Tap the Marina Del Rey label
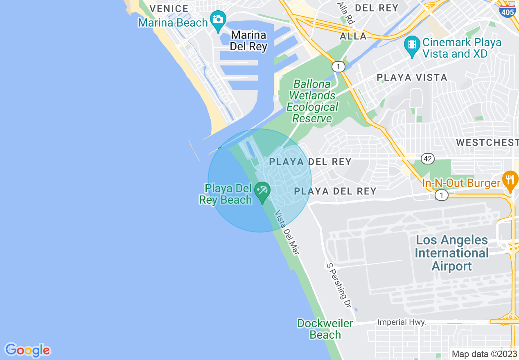(x=248, y=40)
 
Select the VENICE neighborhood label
(x=169, y=9)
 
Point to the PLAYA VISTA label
(x=412, y=77)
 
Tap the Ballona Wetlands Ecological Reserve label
(x=313, y=101)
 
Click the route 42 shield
(x=428, y=158)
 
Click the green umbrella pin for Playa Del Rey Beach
(x=262, y=191)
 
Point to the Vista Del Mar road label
(x=287, y=233)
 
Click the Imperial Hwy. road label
(x=402, y=322)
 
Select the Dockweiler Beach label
(x=325, y=329)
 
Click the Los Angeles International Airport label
(x=452, y=253)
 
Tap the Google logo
(x=27, y=350)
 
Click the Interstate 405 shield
(x=508, y=12)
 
